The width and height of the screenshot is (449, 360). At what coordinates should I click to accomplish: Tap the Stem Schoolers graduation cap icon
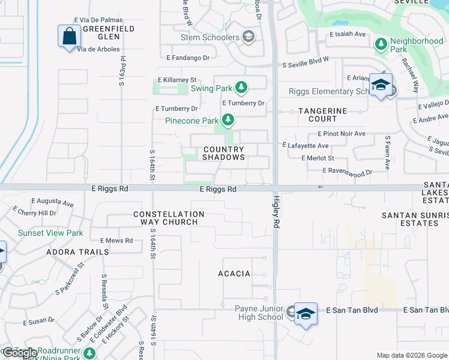[x=248, y=37]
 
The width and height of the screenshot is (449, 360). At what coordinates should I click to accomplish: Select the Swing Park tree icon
[x=241, y=88]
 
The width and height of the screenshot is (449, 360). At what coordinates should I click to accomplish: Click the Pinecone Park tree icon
[x=228, y=121]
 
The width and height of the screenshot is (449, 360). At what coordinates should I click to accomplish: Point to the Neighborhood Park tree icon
[x=381, y=44]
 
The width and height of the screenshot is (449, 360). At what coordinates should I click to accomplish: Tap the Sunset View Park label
[x=50, y=233]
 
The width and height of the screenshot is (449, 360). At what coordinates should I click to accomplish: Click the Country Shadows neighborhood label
[x=223, y=153]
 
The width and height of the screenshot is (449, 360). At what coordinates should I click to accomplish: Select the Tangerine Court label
[x=323, y=115]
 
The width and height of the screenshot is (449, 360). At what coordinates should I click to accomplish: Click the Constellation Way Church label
[x=169, y=218]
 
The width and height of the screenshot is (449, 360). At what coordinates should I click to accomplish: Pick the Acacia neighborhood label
[x=234, y=274]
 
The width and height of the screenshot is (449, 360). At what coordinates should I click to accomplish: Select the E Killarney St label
[x=177, y=80]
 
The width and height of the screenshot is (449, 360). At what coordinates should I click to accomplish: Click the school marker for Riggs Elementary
[x=381, y=85]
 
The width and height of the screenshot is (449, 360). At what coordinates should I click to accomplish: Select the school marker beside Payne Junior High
[x=306, y=314]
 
